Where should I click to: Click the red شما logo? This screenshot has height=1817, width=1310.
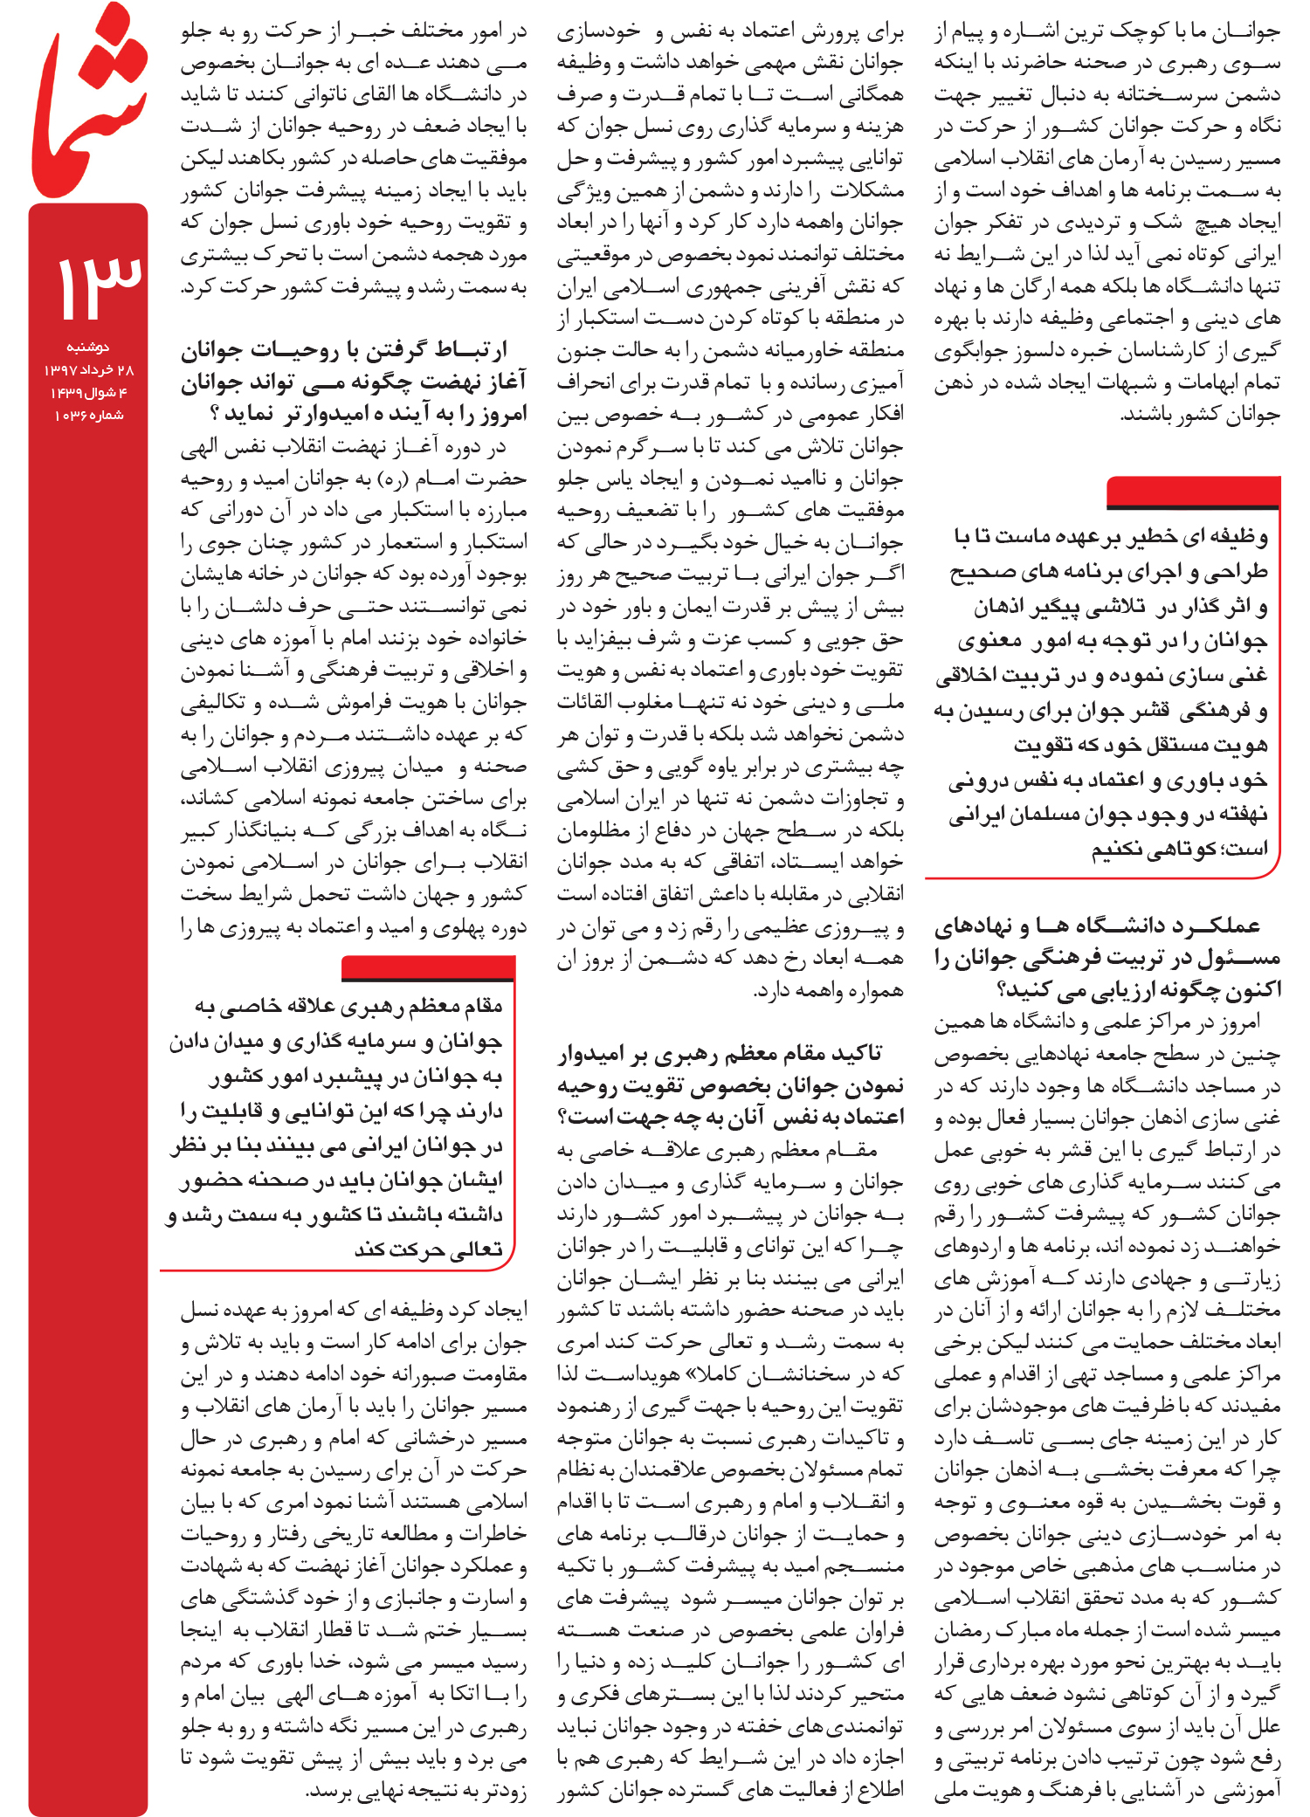[87, 100]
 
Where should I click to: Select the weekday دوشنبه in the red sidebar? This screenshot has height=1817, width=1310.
[88, 348]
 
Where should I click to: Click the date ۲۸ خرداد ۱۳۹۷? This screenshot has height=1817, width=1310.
[88, 370]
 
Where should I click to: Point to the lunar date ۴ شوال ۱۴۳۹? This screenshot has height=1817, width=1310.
[88, 393]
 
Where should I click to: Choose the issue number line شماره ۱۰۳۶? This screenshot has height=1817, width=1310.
[88, 416]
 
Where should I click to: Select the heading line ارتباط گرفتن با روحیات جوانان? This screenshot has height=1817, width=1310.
[344, 351]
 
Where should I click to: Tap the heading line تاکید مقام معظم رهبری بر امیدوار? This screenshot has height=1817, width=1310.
[720, 1054]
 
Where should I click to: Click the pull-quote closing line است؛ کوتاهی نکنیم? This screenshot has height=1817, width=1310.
[1178, 849]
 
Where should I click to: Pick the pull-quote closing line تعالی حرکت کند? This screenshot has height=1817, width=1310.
[428, 1249]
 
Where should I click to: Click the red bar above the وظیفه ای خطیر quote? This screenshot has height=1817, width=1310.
[1192, 492]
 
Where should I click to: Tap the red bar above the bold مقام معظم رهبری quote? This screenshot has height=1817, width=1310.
[428, 967]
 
